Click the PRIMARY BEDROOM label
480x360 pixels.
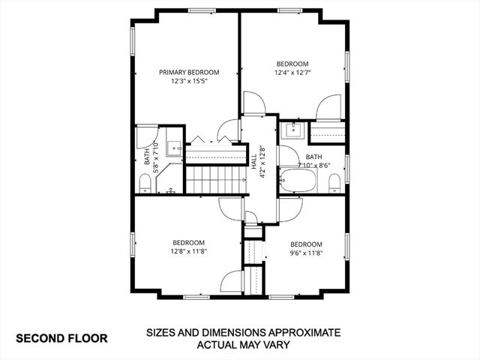(188, 72)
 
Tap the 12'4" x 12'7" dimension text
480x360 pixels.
(292, 73)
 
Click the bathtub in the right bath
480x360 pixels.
(299, 181)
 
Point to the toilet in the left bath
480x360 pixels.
(145, 182)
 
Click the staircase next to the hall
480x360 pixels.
(216, 180)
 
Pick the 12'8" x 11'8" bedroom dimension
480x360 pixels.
(188, 252)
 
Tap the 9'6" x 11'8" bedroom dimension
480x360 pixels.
(306, 253)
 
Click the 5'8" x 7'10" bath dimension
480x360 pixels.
(155, 157)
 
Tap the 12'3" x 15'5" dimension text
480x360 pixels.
(188, 81)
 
